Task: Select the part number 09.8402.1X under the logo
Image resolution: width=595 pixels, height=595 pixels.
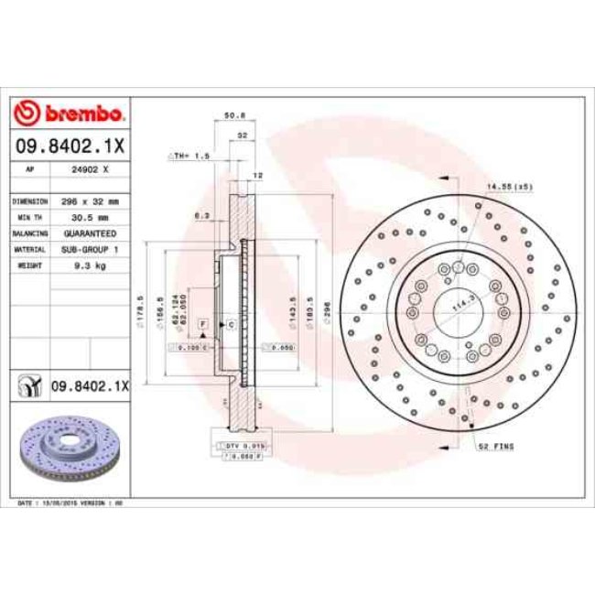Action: tap(70, 145)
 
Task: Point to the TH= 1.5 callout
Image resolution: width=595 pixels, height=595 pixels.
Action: tap(189, 157)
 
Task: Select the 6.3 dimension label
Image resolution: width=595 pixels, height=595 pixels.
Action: tap(202, 217)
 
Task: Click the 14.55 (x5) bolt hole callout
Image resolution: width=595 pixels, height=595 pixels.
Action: tap(509, 187)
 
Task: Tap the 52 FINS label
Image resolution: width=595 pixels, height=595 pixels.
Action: tap(495, 446)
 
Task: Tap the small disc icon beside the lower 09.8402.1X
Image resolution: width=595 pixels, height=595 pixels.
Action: tap(29, 386)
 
